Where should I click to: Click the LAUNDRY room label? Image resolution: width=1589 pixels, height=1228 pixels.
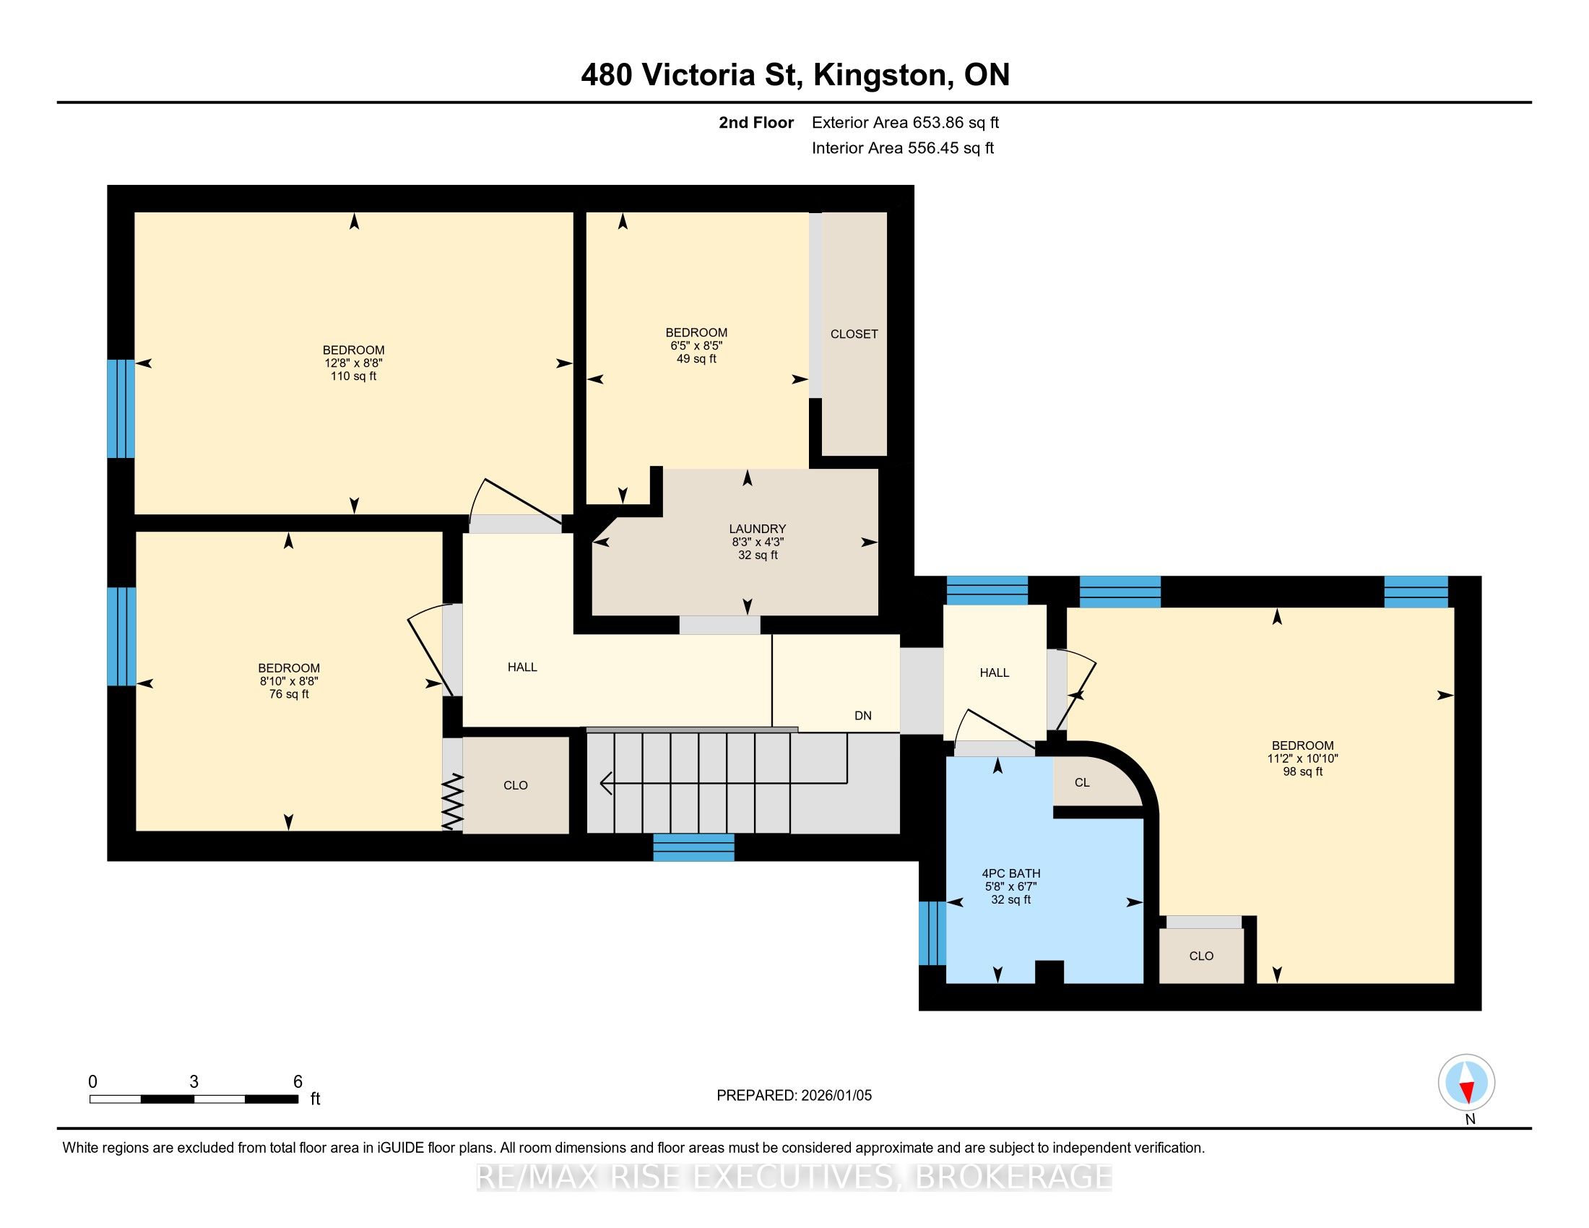click(x=758, y=529)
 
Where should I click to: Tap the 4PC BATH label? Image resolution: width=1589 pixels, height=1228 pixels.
click(x=1010, y=874)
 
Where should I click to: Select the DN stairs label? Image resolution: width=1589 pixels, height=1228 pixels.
click(x=863, y=716)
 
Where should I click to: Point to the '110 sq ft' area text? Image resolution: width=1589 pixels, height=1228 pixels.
click(x=354, y=376)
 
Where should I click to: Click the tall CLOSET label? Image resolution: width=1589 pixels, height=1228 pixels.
click(x=854, y=334)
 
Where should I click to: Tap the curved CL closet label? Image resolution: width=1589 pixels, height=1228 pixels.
click(x=1082, y=783)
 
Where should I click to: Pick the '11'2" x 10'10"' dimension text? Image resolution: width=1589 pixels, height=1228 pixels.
click(x=1302, y=758)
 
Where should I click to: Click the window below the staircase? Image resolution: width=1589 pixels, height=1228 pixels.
click(x=693, y=847)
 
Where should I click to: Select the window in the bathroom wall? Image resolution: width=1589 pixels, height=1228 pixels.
click(x=932, y=933)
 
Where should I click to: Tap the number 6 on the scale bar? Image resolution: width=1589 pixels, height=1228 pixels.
click(x=298, y=1082)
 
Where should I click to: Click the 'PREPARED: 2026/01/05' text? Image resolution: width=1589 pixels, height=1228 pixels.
click(x=794, y=1096)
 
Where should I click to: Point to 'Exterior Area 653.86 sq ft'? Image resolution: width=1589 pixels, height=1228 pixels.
click(x=905, y=123)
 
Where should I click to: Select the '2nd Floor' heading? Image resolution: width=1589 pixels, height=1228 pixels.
click(x=756, y=123)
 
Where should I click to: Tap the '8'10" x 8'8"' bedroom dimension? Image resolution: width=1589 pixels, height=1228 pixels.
click(x=289, y=681)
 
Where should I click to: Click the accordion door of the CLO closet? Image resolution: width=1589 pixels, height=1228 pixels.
click(x=453, y=802)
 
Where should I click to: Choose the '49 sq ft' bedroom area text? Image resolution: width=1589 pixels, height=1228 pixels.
click(x=696, y=359)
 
